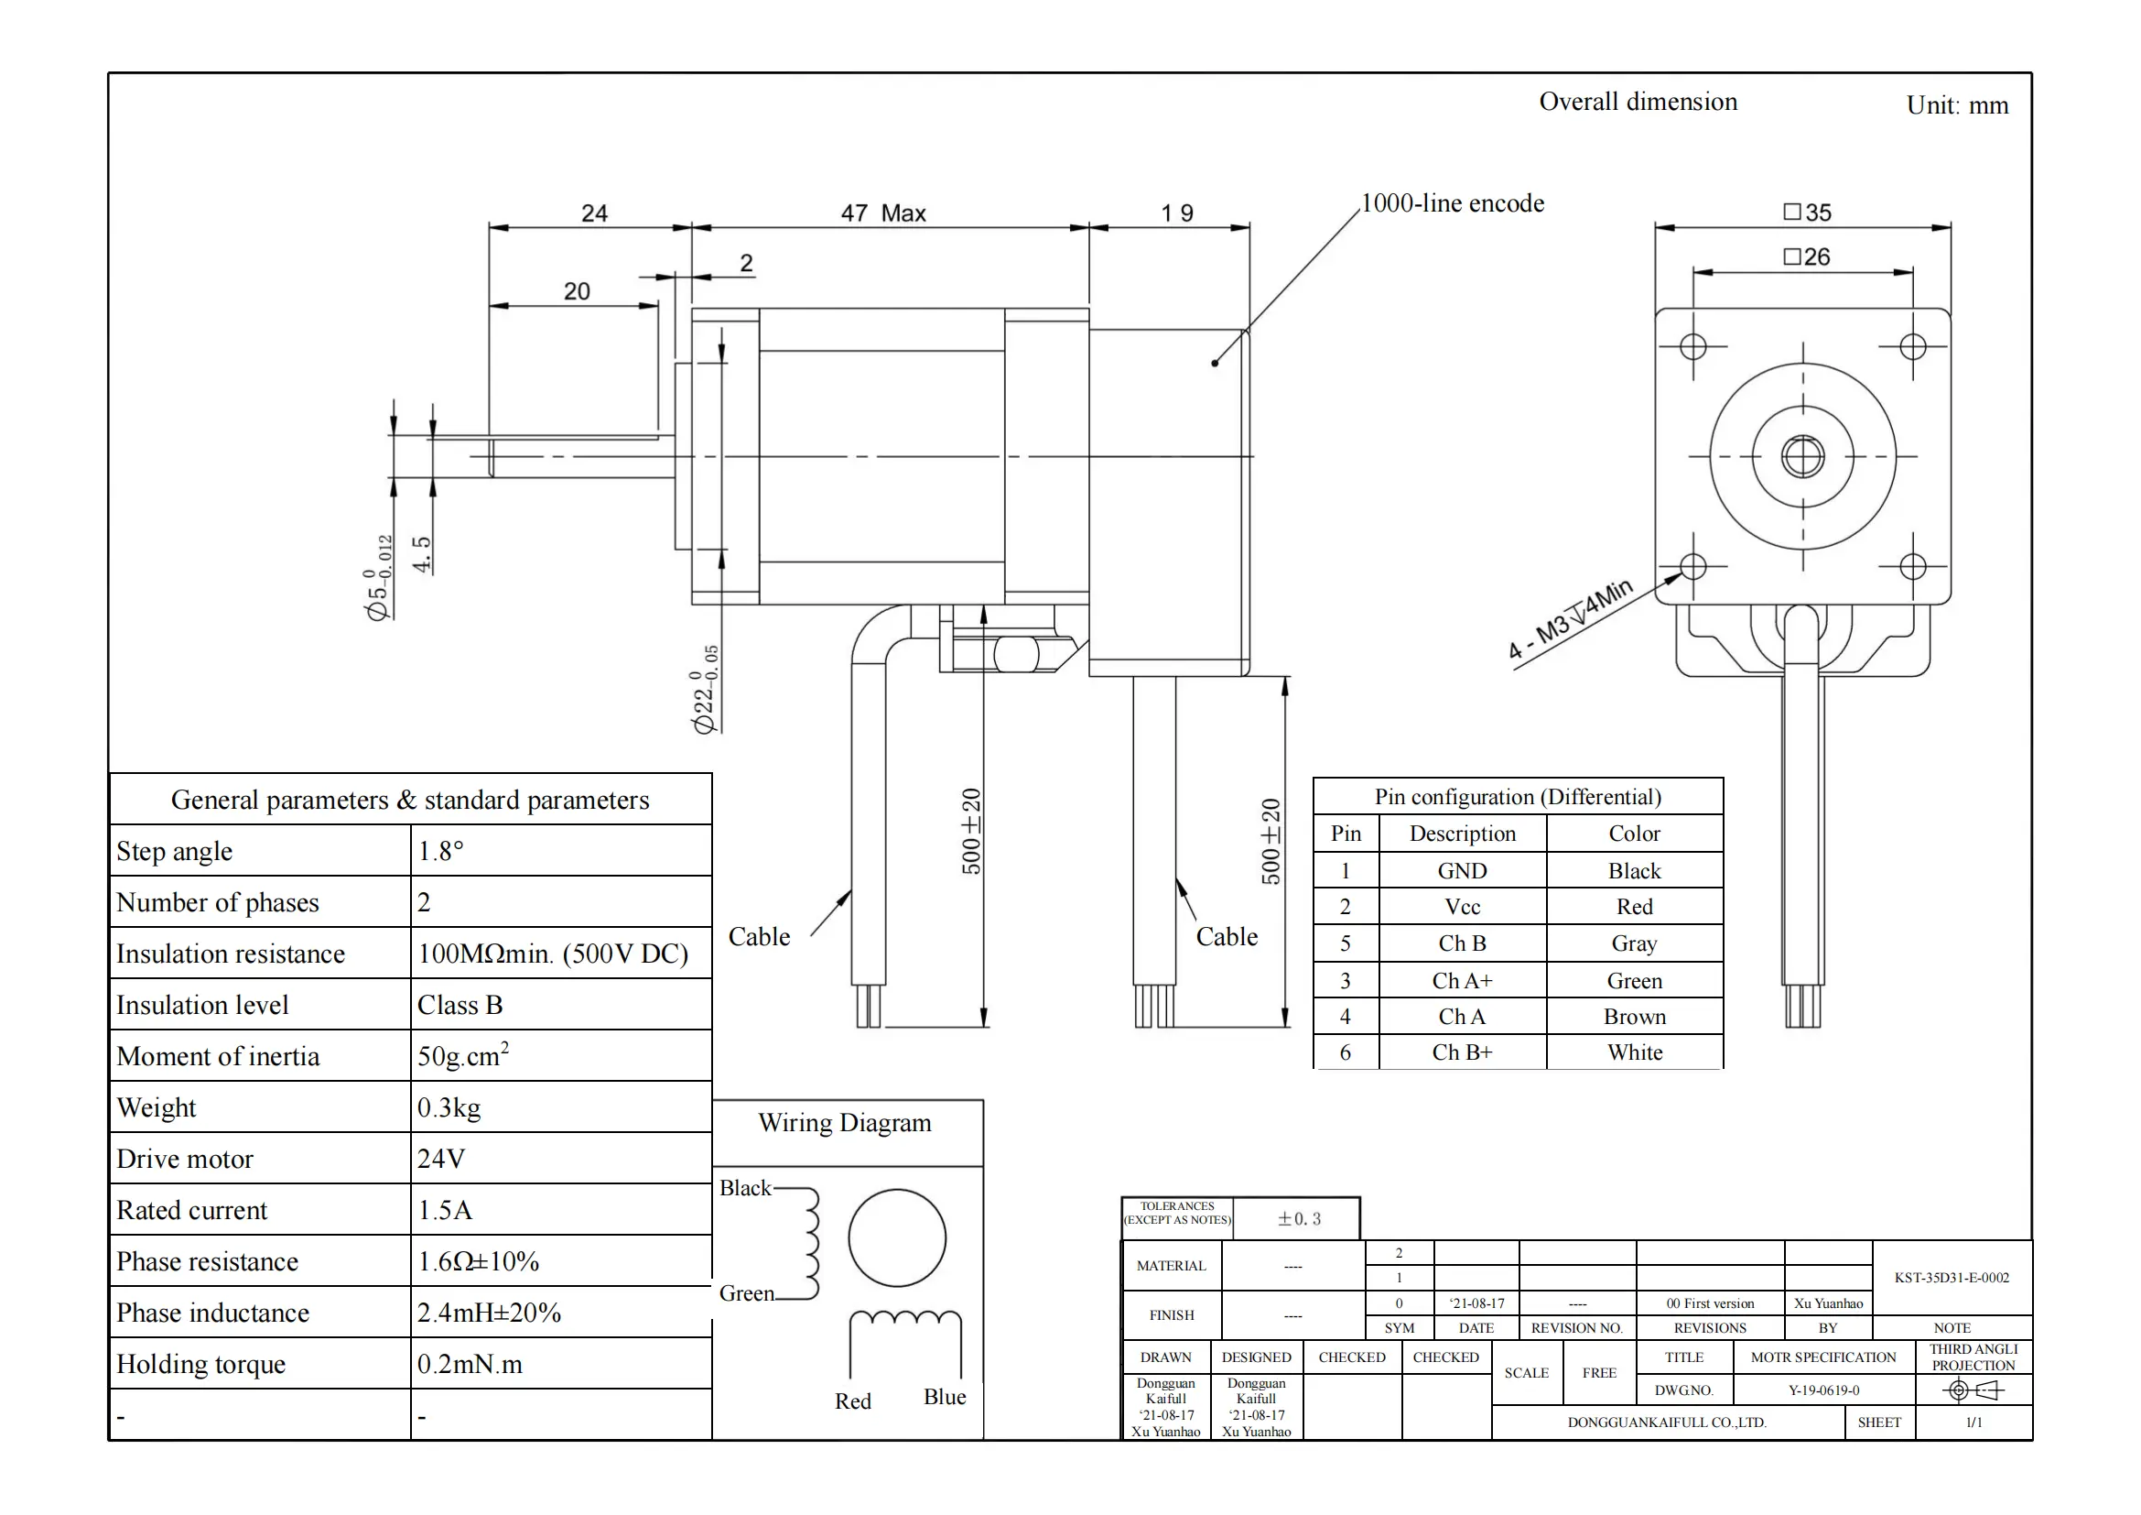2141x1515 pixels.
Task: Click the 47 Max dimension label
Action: point(882,213)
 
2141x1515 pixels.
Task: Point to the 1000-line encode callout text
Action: point(1452,203)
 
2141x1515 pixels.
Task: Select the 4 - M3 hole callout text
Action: point(1571,619)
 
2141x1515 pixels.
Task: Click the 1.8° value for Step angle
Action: point(440,851)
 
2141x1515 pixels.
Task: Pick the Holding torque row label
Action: point(200,1364)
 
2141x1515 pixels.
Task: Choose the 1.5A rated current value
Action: point(445,1210)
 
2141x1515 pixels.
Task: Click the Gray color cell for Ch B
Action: point(1634,943)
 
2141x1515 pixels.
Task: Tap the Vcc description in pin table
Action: point(1461,907)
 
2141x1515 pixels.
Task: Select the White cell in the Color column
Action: point(1634,1052)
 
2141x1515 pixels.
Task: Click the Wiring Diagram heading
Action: point(844,1123)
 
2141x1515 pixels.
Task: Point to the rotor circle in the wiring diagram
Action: point(897,1238)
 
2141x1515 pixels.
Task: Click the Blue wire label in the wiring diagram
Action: point(945,1397)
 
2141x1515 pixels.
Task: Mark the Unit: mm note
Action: point(1956,105)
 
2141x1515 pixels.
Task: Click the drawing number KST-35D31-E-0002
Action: point(1951,1278)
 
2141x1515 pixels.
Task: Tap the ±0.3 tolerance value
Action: point(1298,1219)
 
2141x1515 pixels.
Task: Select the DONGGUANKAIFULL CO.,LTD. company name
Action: point(1666,1422)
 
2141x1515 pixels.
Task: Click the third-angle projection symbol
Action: point(1973,1391)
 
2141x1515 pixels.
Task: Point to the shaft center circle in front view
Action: point(1802,457)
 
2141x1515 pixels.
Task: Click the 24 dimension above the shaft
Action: point(594,213)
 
